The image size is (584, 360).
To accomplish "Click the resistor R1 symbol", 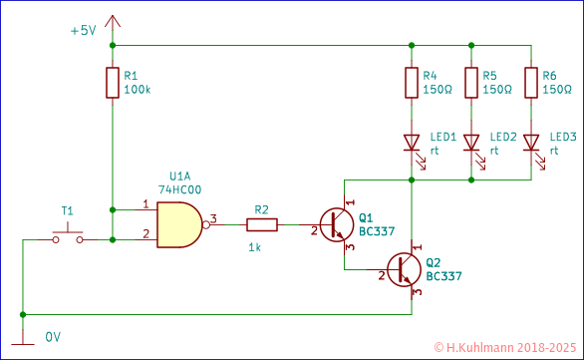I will click(112, 84).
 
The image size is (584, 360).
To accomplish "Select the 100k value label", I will click(138, 90).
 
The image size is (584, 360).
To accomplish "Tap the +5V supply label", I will click(83, 31).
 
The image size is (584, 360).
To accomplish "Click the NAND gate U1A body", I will click(177, 224).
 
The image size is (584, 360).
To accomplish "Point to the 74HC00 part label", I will click(180, 188).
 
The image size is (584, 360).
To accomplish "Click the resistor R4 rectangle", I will click(411, 84).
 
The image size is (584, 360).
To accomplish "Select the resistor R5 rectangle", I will click(470, 84).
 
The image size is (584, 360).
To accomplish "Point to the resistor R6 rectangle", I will click(530, 84).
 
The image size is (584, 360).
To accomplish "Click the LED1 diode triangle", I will click(411, 143).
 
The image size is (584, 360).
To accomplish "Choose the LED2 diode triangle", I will click(470, 143).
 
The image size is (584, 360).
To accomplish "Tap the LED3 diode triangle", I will click(530, 143).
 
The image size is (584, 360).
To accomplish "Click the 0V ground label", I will click(54, 337).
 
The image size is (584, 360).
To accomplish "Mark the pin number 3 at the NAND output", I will click(212, 217).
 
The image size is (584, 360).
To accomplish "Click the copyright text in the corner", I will click(505, 348).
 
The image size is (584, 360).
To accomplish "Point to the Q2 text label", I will click(433, 262).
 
